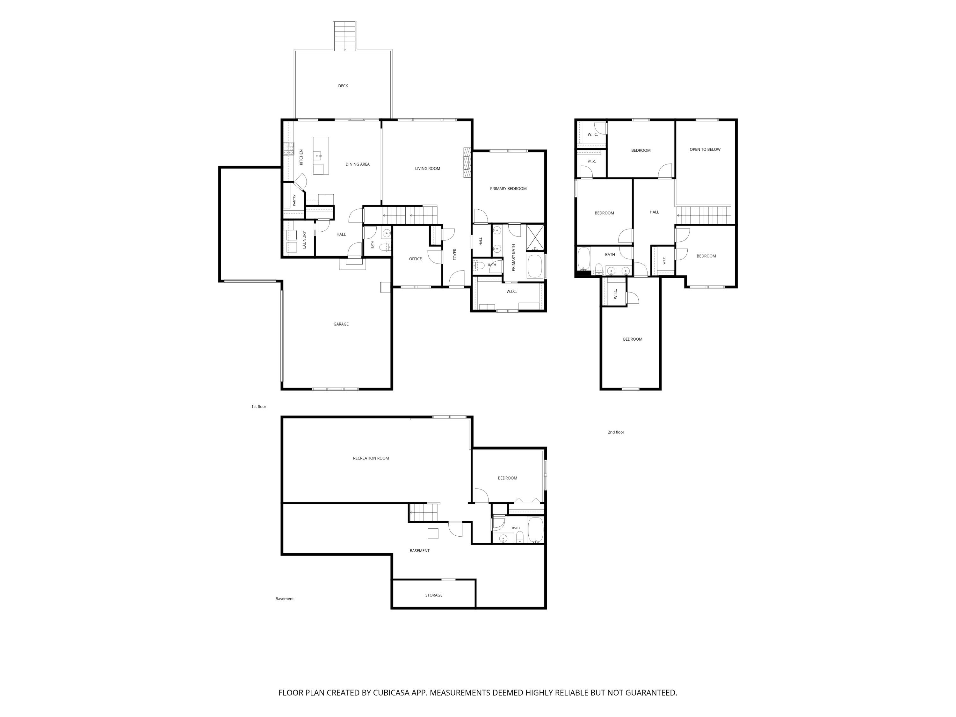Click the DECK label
point(343,86)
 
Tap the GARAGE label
point(341,324)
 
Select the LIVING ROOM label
point(427,169)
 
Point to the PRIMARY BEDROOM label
point(508,188)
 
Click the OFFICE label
point(415,259)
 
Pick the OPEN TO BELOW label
point(705,149)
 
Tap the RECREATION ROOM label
point(371,458)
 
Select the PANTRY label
point(294,200)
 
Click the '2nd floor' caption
point(616,432)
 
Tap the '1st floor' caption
point(259,407)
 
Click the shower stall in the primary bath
point(535,238)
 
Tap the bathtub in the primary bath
point(535,266)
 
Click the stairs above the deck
point(345,36)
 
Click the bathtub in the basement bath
point(535,530)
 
